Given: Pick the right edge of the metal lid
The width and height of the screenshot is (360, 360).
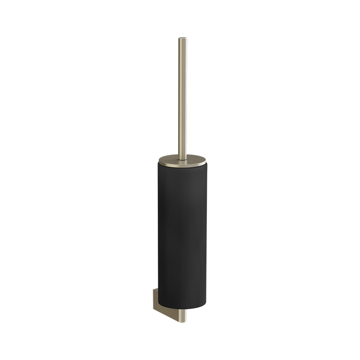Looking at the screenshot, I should (x=206, y=161).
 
